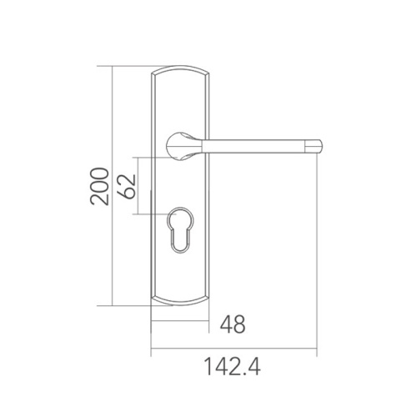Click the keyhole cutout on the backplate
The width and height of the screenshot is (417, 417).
[x=181, y=230]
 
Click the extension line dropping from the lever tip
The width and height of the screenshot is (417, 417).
[x=318, y=250]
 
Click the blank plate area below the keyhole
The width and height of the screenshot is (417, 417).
[x=180, y=275]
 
